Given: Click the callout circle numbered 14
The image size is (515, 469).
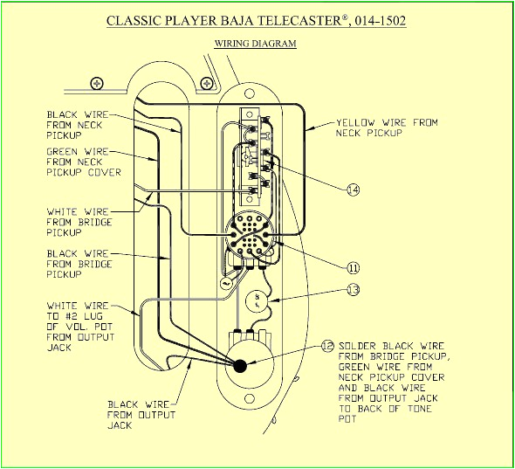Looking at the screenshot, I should pyautogui.click(x=353, y=190).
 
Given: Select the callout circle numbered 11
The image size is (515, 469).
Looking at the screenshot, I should pyautogui.click(x=353, y=268).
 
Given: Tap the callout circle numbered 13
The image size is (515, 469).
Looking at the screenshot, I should pyautogui.click(x=353, y=289).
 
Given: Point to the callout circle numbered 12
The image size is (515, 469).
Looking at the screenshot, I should pyautogui.click(x=327, y=346).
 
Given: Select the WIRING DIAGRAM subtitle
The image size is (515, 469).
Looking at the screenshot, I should pyautogui.click(x=255, y=43).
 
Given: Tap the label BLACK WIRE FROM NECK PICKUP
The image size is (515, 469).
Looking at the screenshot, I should pyautogui.click(x=74, y=124).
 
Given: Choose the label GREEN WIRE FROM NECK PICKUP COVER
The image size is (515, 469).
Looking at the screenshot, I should pyautogui.click(x=83, y=162).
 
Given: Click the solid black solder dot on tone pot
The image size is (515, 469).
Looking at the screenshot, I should pyautogui.click(x=240, y=365).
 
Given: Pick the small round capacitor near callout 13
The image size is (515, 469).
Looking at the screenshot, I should pyautogui.click(x=257, y=301).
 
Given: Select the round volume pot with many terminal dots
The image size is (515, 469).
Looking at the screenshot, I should pyautogui.click(x=249, y=233).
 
